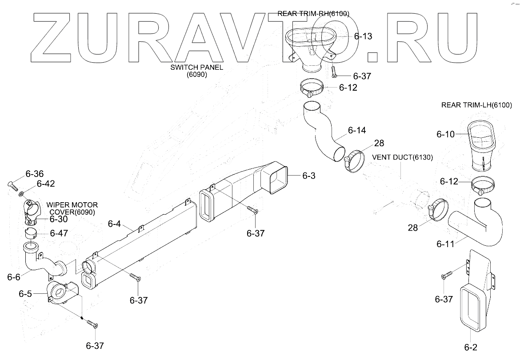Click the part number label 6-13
click(363, 37)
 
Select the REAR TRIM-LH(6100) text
click(476, 105)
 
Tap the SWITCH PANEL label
click(197, 68)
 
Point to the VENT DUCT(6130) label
click(402, 157)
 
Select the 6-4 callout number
click(115, 224)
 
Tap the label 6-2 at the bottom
click(471, 347)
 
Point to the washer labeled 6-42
click(21, 194)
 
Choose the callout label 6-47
click(59, 233)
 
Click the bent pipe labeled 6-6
click(40, 262)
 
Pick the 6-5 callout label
click(25, 294)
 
